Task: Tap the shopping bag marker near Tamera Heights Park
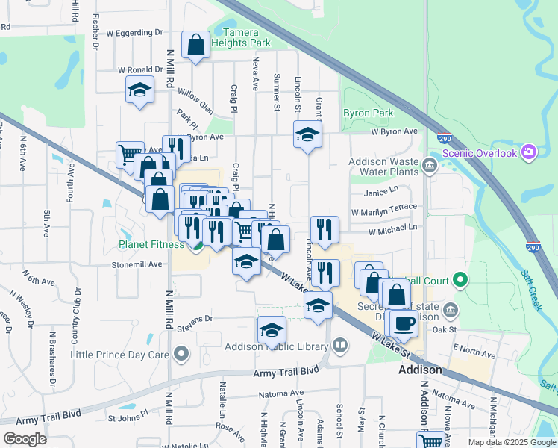[x=195, y=45]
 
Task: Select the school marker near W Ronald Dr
[x=139, y=90]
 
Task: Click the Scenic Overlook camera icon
[x=530, y=152]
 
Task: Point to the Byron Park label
[x=368, y=113]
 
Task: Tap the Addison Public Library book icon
[x=339, y=346]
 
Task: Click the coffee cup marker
[x=404, y=323]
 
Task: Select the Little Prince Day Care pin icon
[x=180, y=353]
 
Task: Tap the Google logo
[x=25, y=438]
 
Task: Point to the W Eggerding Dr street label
[x=134, y=33]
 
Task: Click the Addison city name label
[x=421, y=370]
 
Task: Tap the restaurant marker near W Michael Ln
[x=325, y=230]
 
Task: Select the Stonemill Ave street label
[x=137, y=264]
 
